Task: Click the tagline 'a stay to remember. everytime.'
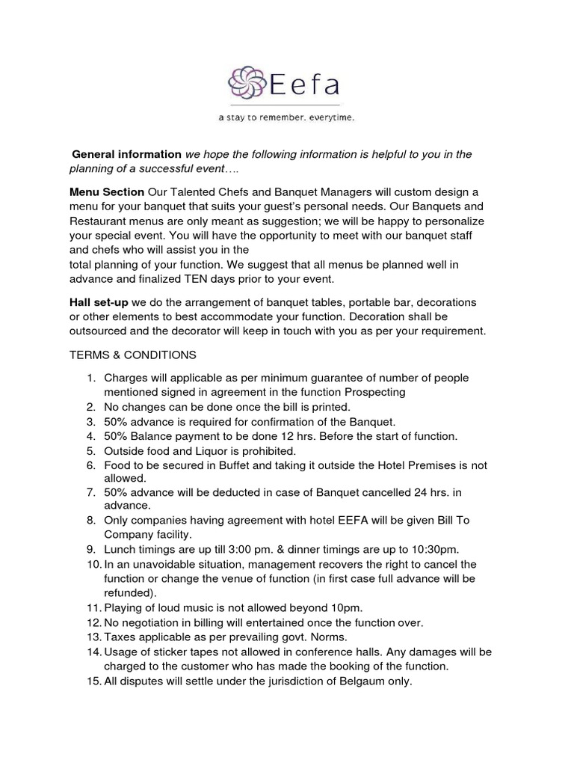click(x=286, y=118)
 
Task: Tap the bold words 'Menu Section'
click(x=107, y=193)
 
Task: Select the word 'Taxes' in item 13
click(x=120, y=637)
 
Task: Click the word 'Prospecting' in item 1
click(x=374, y=392)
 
